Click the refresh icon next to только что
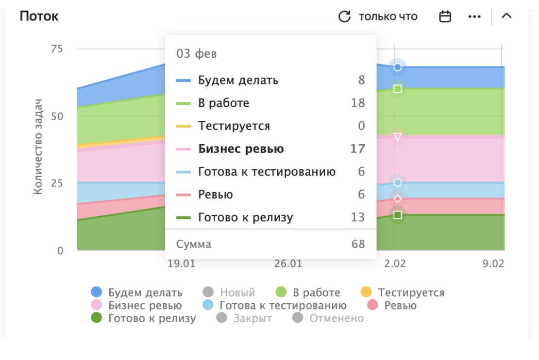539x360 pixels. [344, 16]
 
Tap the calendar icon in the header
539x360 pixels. [445, 16]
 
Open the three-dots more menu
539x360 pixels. [474, 16]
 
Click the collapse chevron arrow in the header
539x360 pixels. [506, 16]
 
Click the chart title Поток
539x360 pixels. [39, 16]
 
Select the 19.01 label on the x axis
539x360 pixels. [182, 264]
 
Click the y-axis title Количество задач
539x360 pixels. [38, 147]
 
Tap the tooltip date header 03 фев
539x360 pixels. [196, 54]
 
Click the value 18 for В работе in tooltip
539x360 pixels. [357, 103]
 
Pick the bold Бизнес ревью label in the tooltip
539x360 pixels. [241, 149]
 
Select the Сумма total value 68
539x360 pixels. [358, 244]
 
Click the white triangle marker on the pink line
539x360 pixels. [398, 137]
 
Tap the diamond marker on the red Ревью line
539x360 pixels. [398, 198]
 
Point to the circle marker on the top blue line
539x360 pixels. [398, 67]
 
